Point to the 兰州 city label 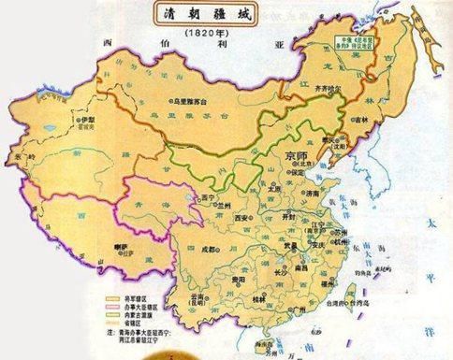click(x=223, y=207)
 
